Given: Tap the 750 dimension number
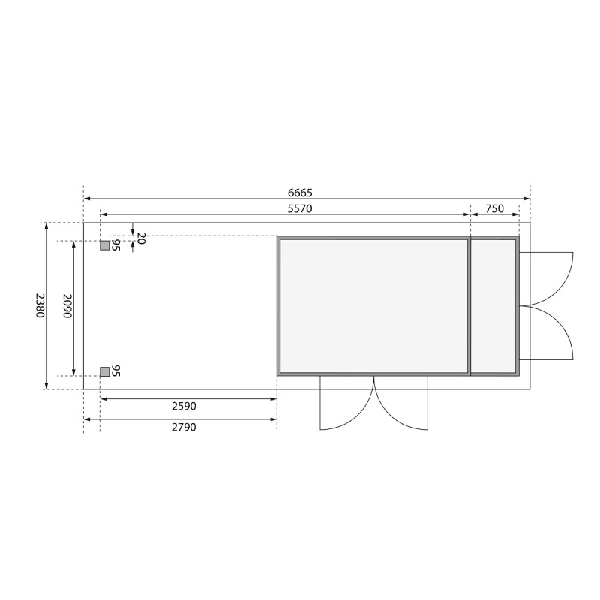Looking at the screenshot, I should click(x=494, y=209).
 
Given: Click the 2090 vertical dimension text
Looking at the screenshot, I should click(x=66, y=305).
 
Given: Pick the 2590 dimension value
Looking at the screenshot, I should click(x=184, y=406).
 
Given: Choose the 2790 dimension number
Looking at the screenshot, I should click(x=184, y=426).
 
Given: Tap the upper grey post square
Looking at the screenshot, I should click(x=104, y=245).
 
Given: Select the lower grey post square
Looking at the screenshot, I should click(x=104, y=371).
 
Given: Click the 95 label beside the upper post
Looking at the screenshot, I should click(x=116, y=245).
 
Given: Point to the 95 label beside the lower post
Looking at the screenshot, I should click(x=116, y=371).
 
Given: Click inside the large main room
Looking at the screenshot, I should click(x=373, y=305).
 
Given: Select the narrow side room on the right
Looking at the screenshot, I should click(x=493, y=305).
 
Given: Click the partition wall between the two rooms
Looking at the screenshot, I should click(x=469, y=305).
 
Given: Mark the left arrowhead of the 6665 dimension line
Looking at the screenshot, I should click(x=86, y=199).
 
